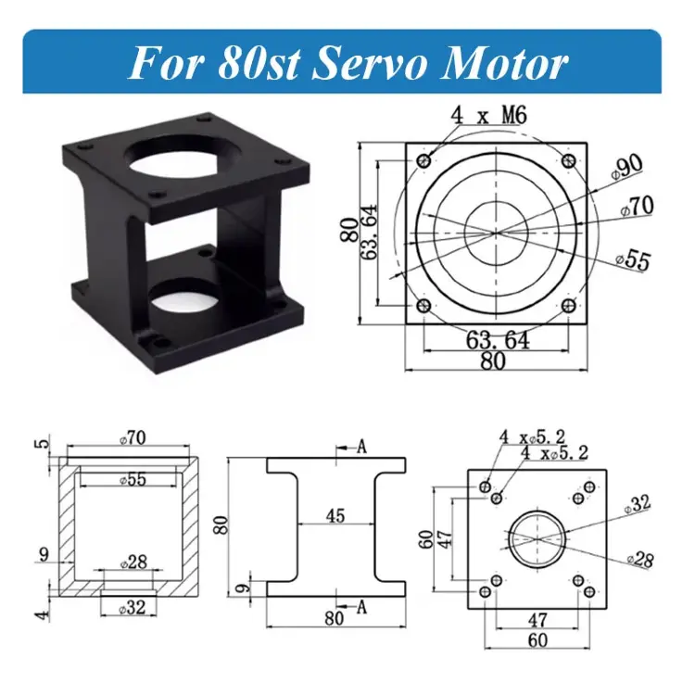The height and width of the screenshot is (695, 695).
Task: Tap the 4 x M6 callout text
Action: pos(489,115)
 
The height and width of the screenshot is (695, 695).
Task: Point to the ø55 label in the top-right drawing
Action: pos(634,260)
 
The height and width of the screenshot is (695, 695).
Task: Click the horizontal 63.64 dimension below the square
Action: pos(498,340)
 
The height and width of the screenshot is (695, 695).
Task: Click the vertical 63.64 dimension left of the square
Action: pos(368,232)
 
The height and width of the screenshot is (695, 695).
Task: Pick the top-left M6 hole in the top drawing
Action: pos(424,160)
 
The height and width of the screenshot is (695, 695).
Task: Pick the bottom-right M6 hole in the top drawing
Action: pos(569,306)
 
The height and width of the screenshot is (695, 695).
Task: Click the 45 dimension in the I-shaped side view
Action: pos(335,516)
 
